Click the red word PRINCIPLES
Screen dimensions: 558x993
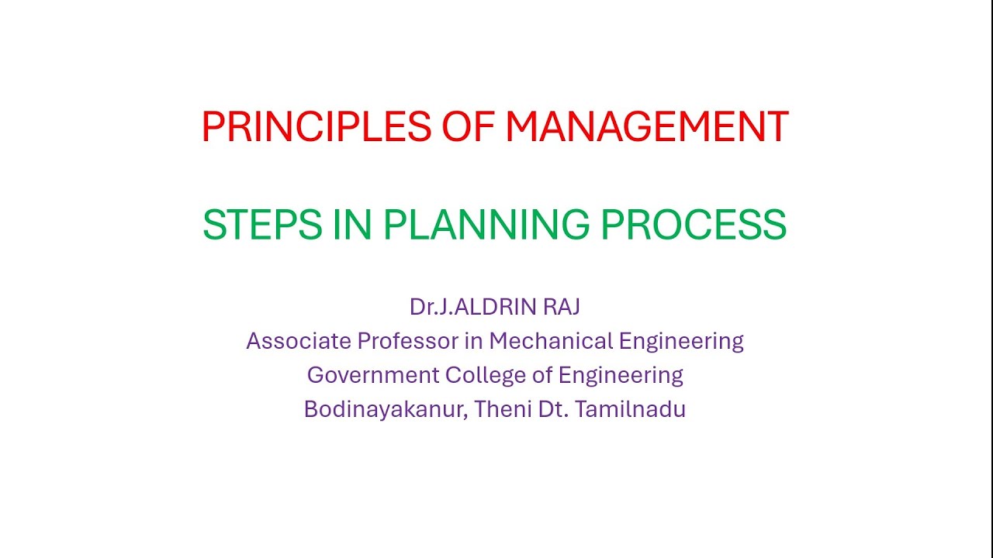tap(316, 127)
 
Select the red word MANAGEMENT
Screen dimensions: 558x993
tap(646, 127)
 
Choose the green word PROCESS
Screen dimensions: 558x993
tap(694, 225)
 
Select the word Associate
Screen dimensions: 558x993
tap(298, 341)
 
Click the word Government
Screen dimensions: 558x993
tap(372, 375)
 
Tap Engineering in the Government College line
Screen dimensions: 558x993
tap(621, 376)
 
